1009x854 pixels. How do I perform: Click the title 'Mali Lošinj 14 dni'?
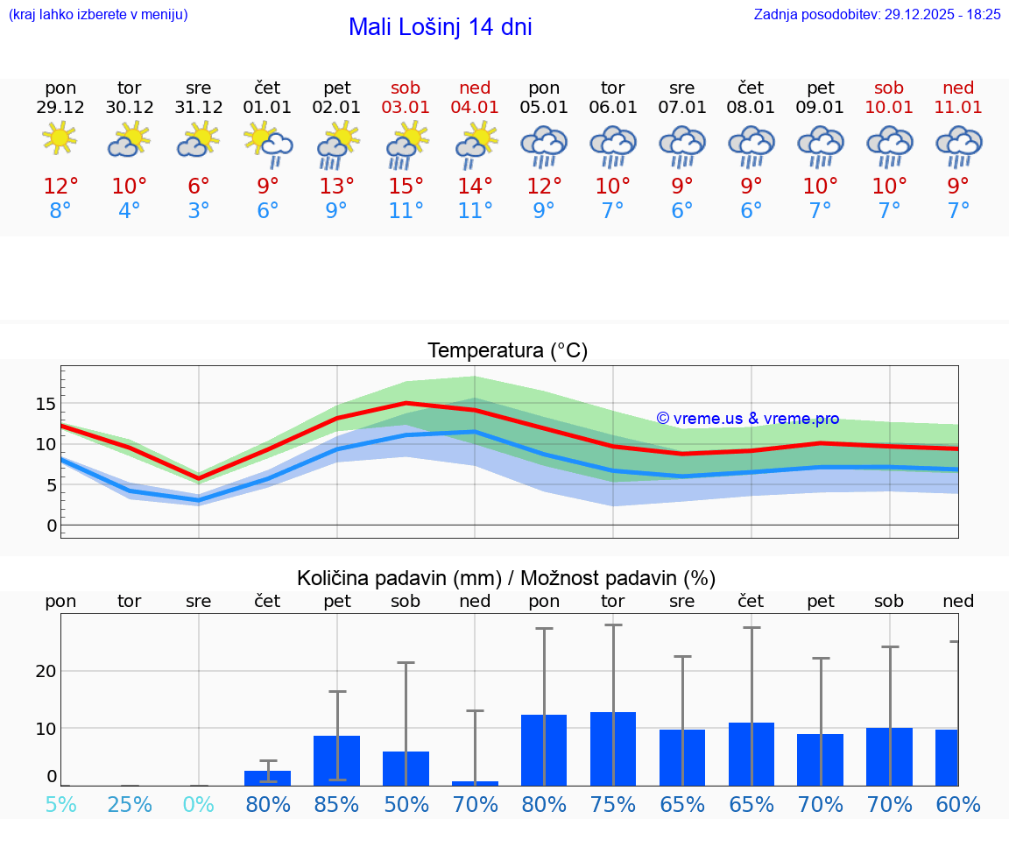pyautogui.click(x=440, y=27)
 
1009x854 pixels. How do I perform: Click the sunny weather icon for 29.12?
pyautogui.click(x=60, y=139)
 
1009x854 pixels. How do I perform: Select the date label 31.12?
pyautogui.click(x=199, y=107)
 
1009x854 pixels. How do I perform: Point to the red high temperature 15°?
pyautogui.click(x=406, y=187)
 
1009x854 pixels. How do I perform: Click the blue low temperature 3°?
pyautogui.click(x=199, y=211)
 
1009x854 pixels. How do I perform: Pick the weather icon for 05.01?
pyautogui.click(x=544, y=145)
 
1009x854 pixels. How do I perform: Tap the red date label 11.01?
pyautogui.click(x=958, y=107)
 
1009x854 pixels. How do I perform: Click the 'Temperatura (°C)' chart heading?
pyautogui.click(x=507, y=350)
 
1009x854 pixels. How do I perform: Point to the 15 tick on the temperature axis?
pyautogui.click(x=46, y=404)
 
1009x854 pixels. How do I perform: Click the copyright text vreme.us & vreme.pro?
pyautogui.click(x=748, y=419)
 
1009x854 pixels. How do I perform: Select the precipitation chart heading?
pyautogui.click(x=506, y=578)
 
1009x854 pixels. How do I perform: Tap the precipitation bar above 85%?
pyautogui.click(x=337, y=760)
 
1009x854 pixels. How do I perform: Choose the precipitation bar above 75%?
pyautogui.click(x=613, y=749)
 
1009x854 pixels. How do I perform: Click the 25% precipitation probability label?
pyautogui.click(x=130, y=805)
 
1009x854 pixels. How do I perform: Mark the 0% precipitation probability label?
pyautogui.click(x=199, y=805)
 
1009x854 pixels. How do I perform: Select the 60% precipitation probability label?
pyautogui.click(x=958, y=805)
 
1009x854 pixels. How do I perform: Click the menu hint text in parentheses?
pyautogui.click(x=98, y=14)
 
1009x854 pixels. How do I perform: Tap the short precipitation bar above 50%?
pyautogui.click(x=406, y=768)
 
